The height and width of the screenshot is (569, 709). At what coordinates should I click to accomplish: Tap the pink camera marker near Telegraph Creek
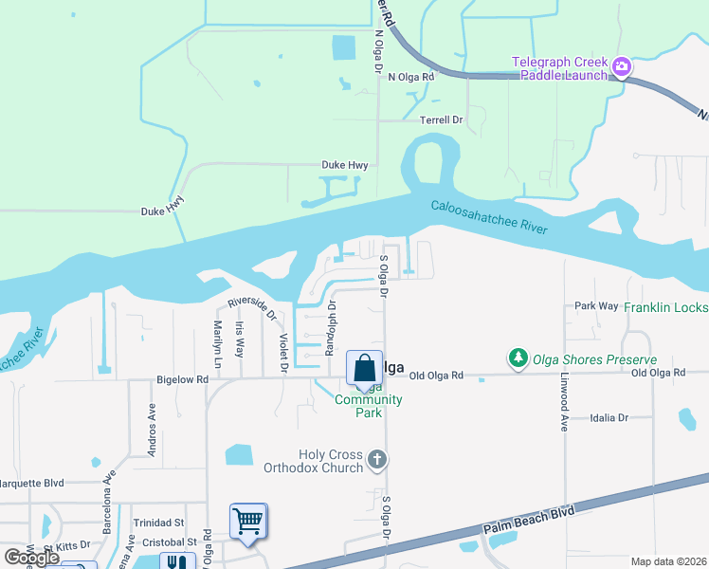622,66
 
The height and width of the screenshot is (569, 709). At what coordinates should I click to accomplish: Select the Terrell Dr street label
441,120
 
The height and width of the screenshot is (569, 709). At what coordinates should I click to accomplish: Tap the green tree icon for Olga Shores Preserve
518,358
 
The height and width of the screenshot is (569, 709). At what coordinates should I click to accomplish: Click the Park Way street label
596,306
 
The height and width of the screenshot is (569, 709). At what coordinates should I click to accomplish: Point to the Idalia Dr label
609,417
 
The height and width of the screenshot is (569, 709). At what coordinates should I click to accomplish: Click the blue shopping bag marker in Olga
364,367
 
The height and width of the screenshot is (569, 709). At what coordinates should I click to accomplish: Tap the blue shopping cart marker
247,521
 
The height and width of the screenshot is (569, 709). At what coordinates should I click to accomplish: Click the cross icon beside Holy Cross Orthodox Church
377,461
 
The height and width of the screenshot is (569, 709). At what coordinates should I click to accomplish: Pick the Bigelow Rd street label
181,379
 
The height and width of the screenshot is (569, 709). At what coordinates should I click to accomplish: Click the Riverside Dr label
251,308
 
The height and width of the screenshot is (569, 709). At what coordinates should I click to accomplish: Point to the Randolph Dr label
331,325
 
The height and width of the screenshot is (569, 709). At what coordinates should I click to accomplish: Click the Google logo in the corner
31,558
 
